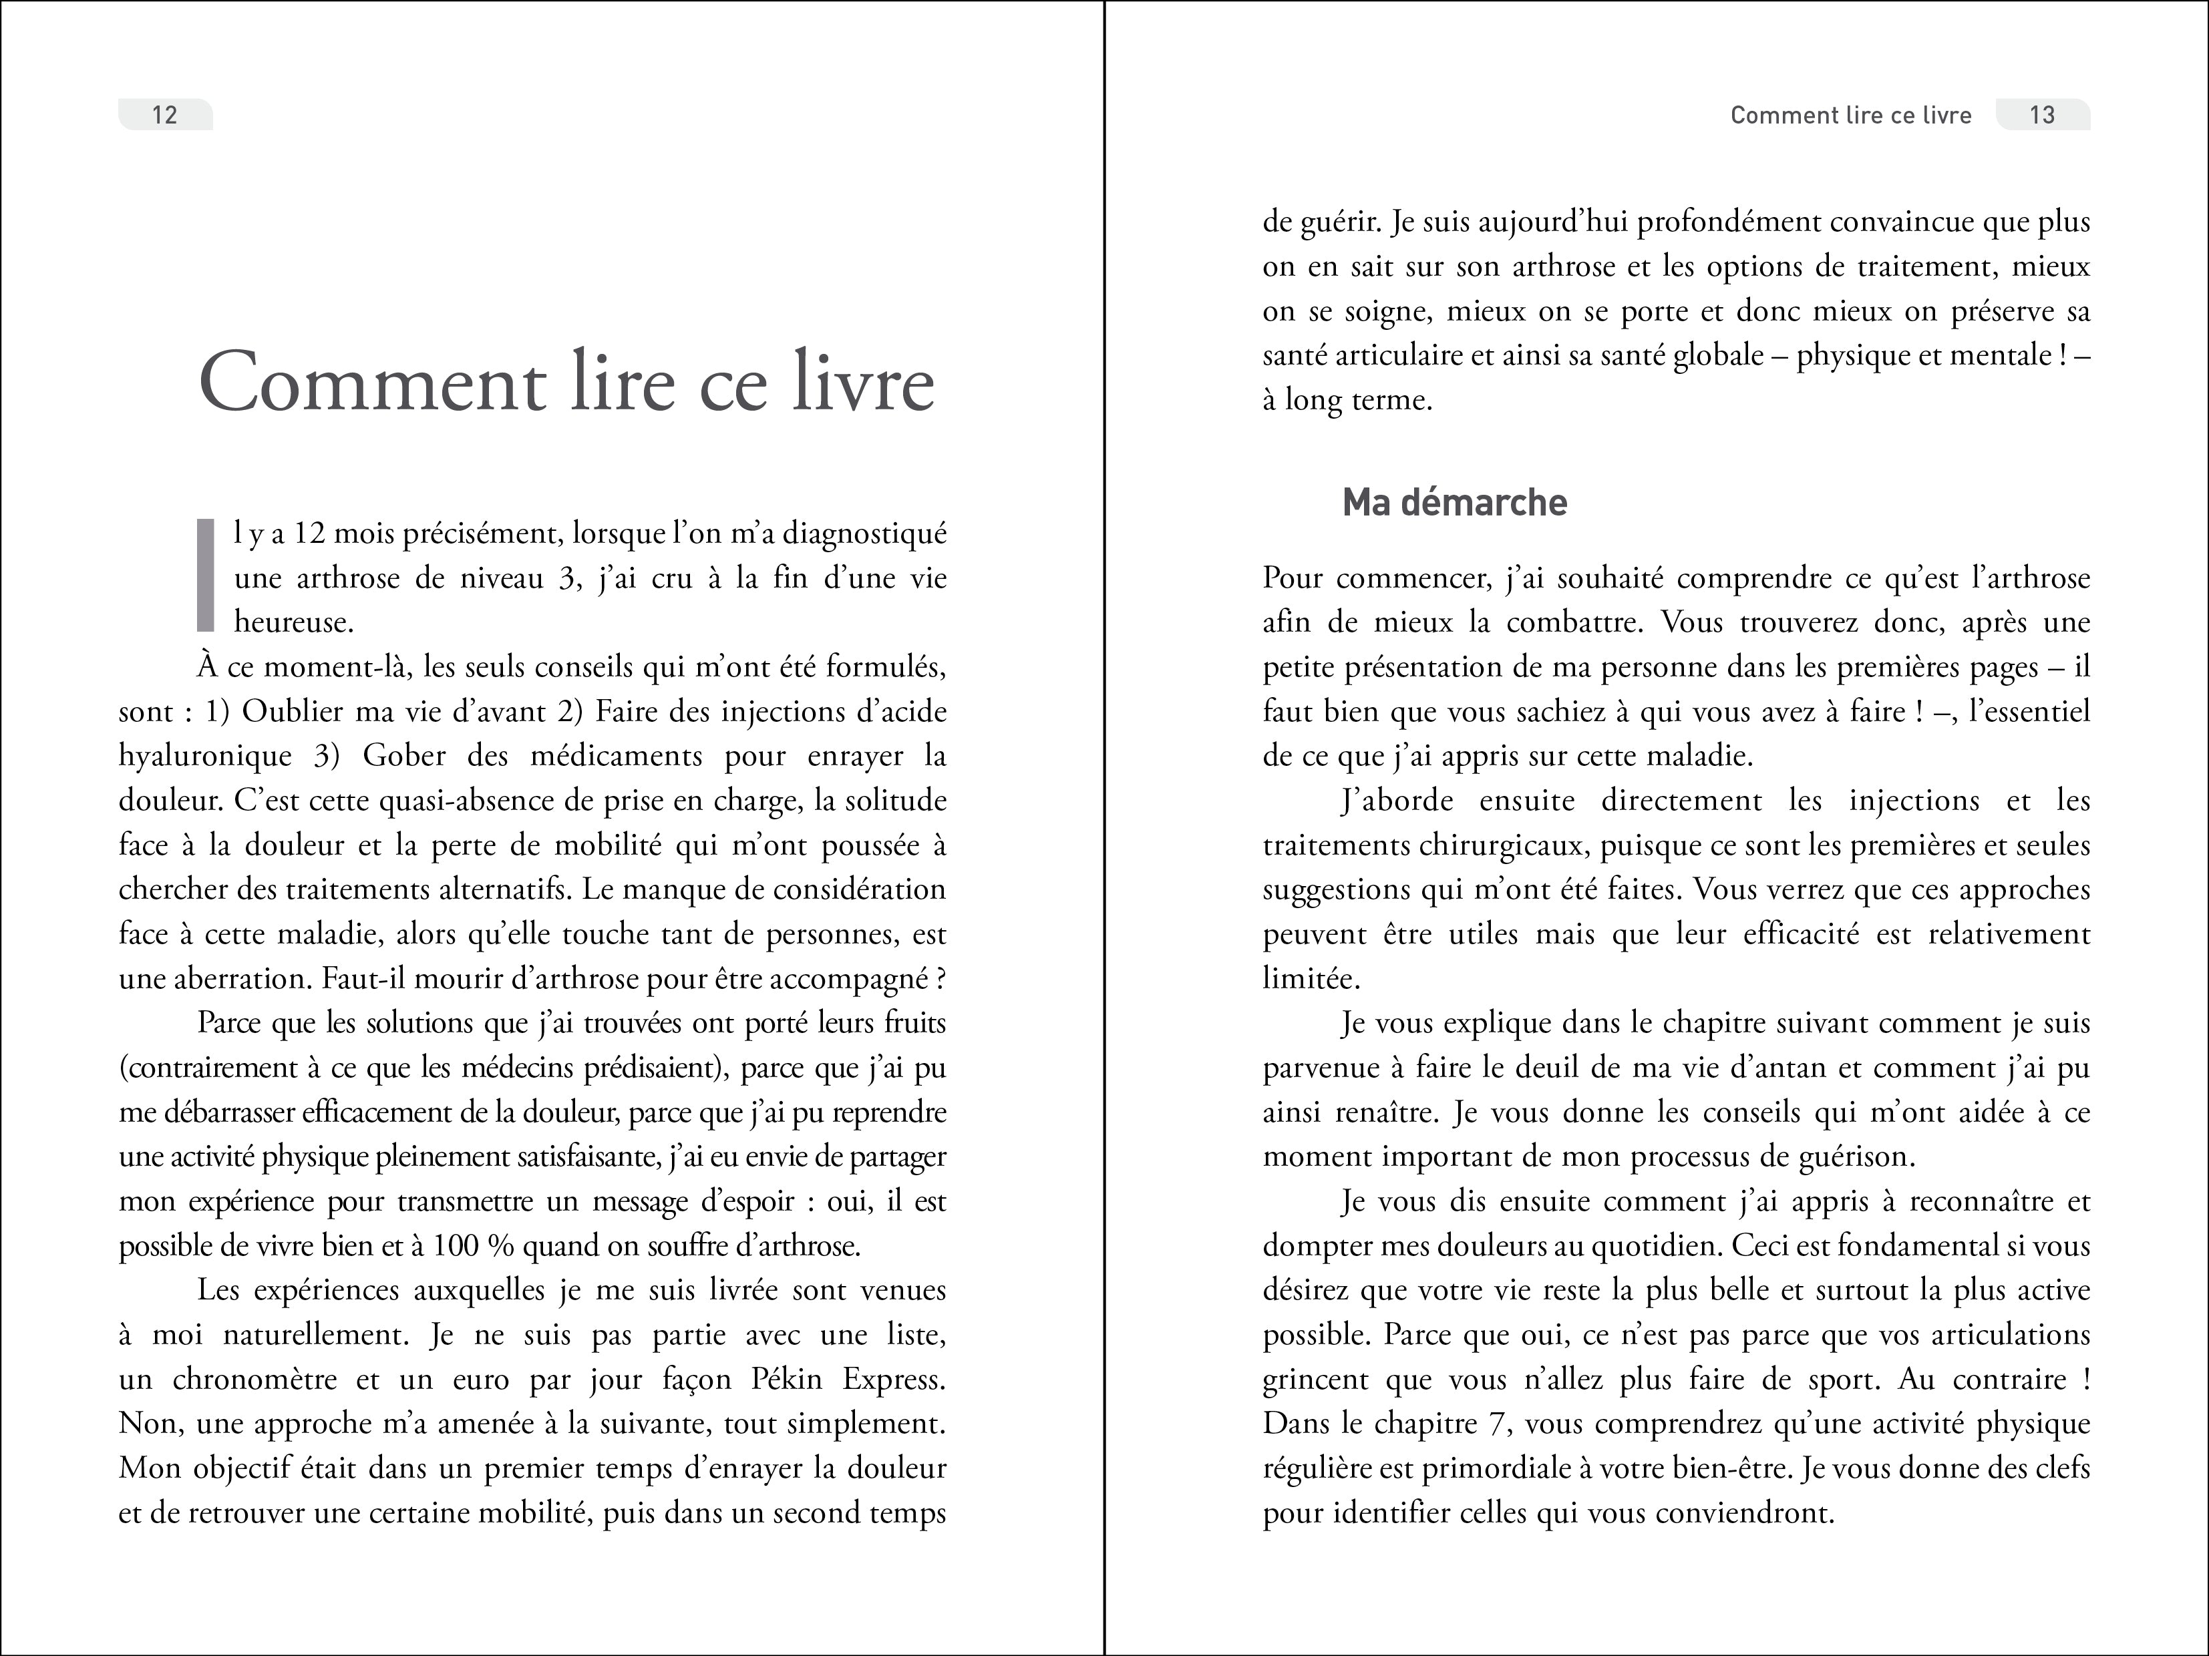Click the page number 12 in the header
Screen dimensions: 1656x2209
[165, 115]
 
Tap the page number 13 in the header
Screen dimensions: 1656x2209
[2041, 115]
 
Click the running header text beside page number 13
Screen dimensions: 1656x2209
[1850, 115]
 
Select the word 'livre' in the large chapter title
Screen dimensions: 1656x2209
[863, 383]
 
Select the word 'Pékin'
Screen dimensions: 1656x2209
[785, 1380]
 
